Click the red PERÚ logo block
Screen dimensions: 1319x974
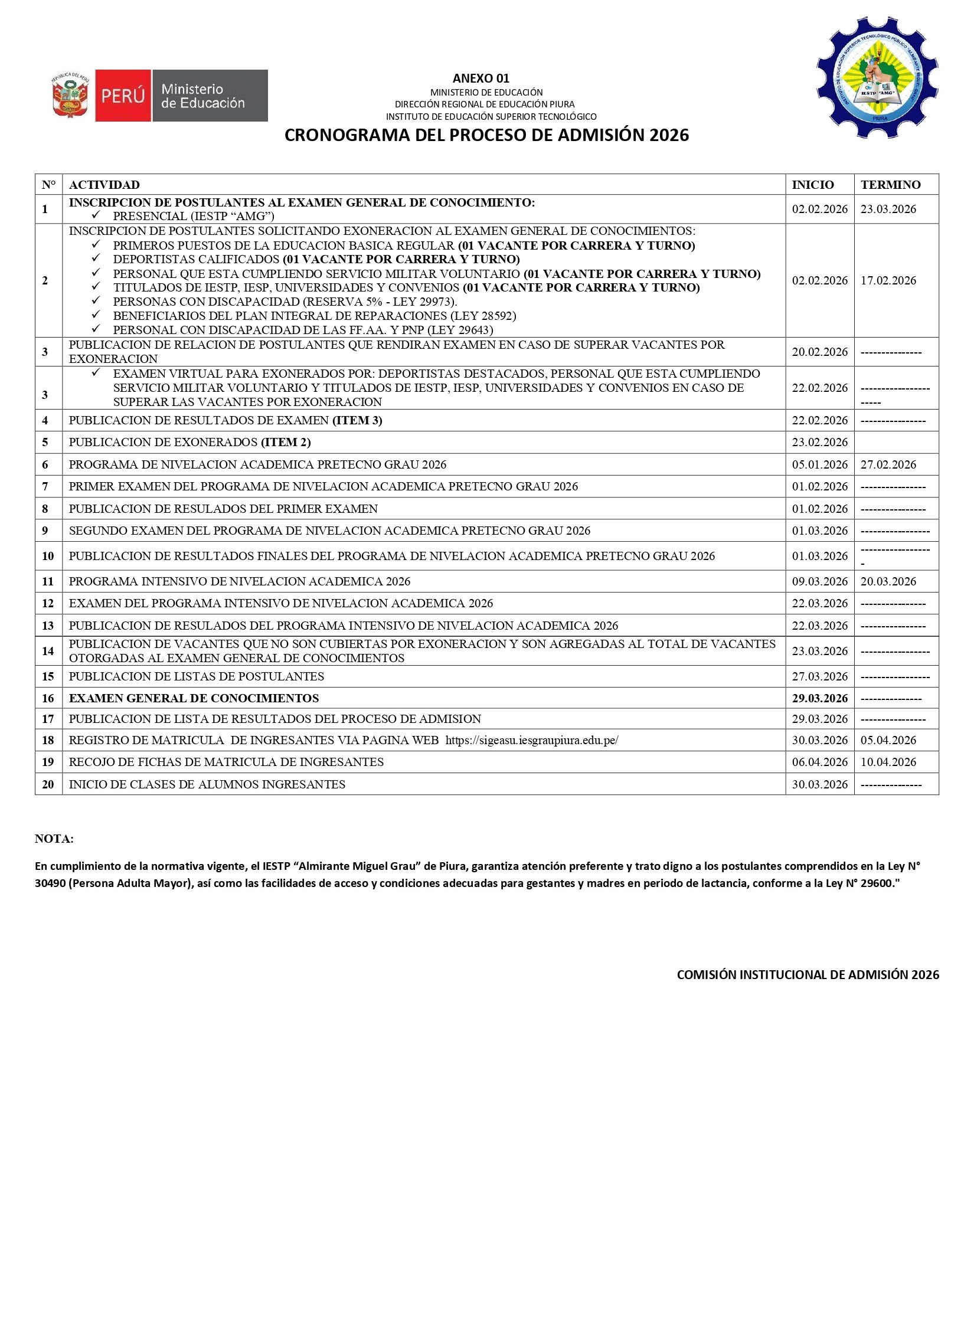[x=123, y=96]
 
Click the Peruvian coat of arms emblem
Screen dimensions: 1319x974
[x=70, y=96]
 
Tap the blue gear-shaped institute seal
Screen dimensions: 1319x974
[x=877, y=78]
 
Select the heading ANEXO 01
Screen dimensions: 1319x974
[x=481, y=78]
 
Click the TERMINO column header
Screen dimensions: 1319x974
[x=890, y=185]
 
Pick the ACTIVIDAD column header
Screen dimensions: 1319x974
[x=104, y=185]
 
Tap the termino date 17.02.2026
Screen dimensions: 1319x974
[x=888, y=280]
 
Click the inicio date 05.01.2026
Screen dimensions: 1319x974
[x=819, y=464]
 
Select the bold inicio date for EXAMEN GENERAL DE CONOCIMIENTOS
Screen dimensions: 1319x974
[x=819, y=698]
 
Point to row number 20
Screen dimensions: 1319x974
[x=48, y=784]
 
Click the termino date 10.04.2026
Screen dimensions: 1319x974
[x=888, y=762]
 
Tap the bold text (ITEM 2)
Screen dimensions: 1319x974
[x=286, y=442]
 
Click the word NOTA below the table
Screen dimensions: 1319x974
[x=54, y=839]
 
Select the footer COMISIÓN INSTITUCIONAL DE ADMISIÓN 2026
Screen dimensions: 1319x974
[x=808, y=975]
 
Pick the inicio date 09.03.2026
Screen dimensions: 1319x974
[x=819, y=581]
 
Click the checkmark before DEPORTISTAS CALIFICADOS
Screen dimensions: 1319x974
[x=96, y=258]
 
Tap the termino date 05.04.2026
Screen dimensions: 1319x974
[x=888, y=740]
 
